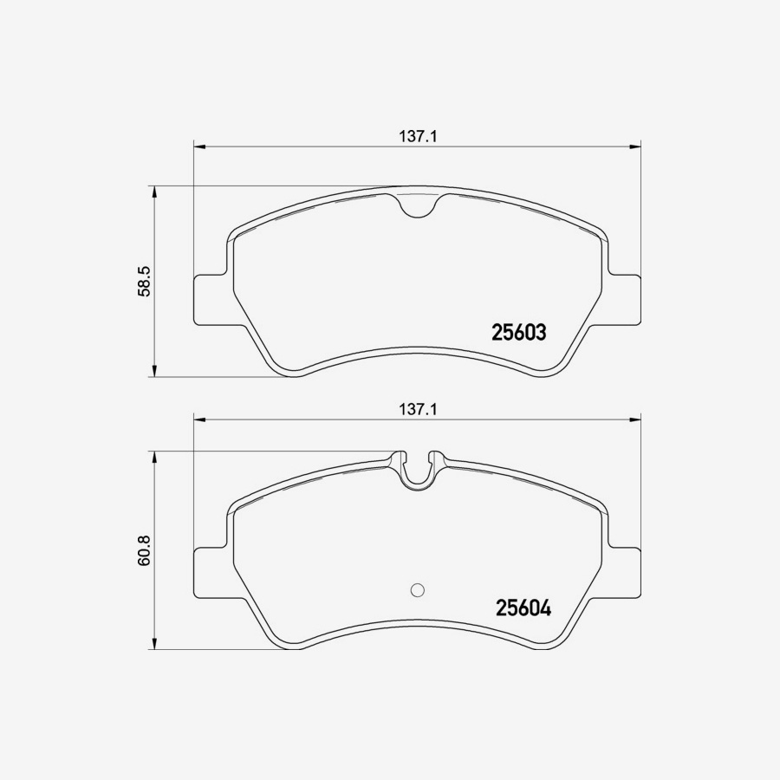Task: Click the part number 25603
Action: coord(518,332)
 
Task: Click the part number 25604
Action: coord(523,608)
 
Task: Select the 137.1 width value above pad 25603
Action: coord(416,136)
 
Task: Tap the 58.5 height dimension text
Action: coord(146,282)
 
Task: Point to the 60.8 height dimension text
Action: coord(146,550)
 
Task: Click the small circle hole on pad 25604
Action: coord(416,590)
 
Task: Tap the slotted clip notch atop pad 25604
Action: coord(417,470)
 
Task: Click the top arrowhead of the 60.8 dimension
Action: coord(154,457)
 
